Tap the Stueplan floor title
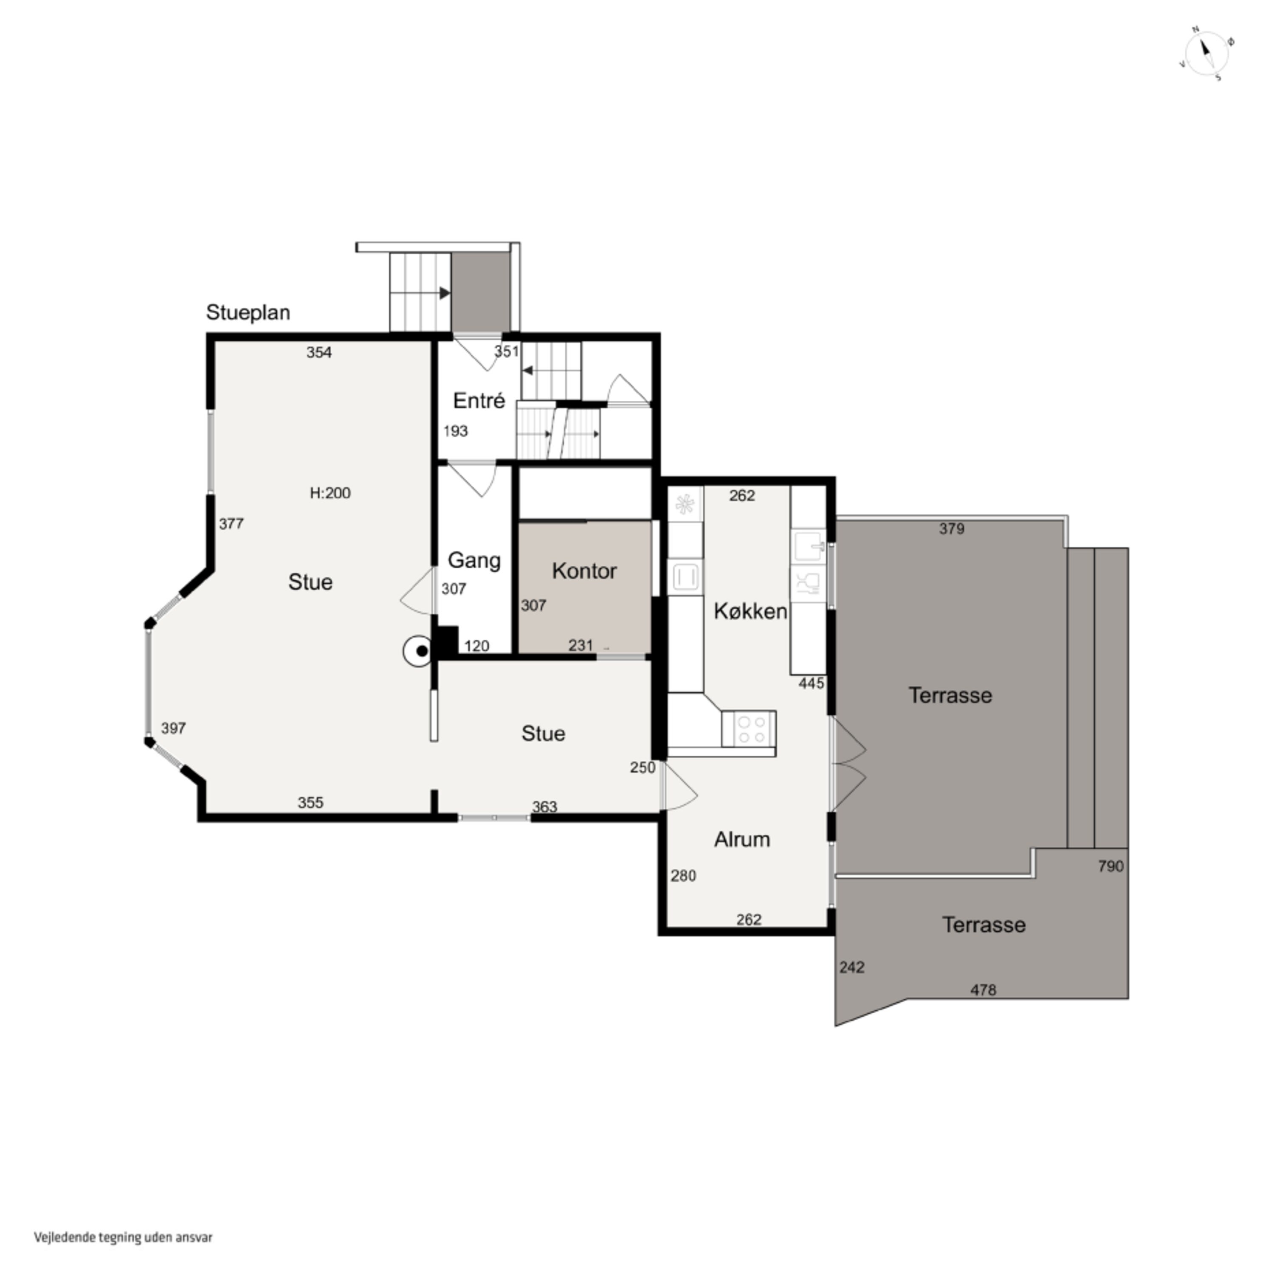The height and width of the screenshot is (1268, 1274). (248, 312)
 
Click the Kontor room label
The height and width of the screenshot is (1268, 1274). (584, 571)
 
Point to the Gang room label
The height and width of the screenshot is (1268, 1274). (474, 561)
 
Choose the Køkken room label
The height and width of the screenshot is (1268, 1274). (750, 612)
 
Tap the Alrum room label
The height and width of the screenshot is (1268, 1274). (742, 840)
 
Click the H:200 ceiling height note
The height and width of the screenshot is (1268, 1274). (330, 493)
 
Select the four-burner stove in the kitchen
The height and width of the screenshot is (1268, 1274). (749, 729)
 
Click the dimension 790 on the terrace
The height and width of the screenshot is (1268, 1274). (1111, 866)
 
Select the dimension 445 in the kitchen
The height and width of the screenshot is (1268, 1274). (811, 683)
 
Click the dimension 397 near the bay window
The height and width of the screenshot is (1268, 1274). (173, 728)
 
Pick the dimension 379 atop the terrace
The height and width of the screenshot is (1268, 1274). (952, 529)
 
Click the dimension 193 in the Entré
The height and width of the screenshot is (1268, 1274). (456, 431)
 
